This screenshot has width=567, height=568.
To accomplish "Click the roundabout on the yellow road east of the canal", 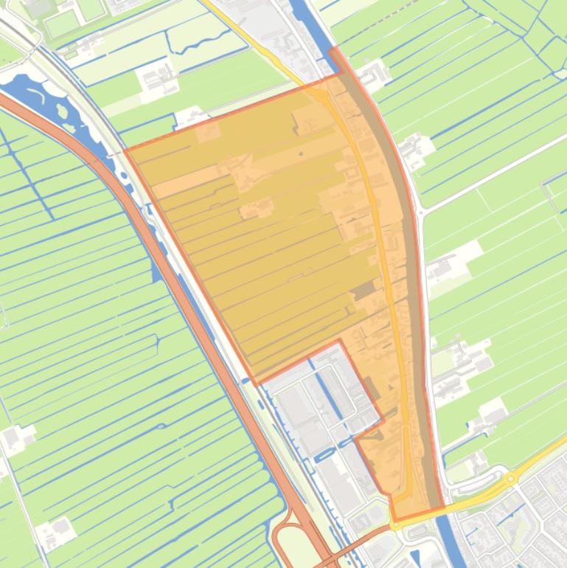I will coord(511,479).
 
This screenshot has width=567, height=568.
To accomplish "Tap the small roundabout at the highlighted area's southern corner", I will coord(395,525).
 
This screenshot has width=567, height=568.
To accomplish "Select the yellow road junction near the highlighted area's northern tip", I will coord(322,95).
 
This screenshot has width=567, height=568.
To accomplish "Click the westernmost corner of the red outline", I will coord(125,150).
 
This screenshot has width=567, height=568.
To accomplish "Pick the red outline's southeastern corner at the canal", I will coord(443,508).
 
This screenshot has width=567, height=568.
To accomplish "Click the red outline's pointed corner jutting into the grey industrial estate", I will coord(339,341).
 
